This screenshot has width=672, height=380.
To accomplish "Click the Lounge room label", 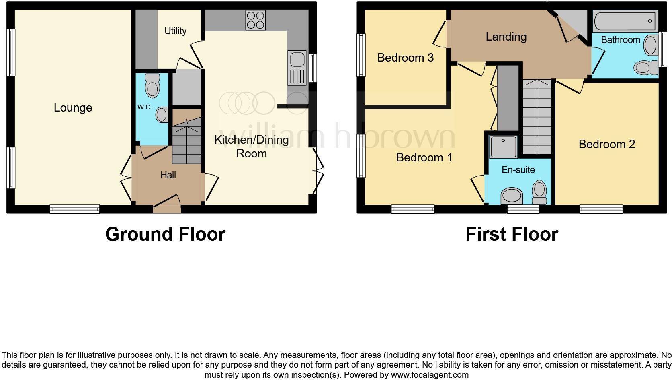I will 73,108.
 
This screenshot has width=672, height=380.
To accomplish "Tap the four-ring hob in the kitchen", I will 256,20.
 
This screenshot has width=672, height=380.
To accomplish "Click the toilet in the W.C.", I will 152,85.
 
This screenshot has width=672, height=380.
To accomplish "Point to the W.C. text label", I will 145,107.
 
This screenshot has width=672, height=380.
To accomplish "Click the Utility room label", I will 176,31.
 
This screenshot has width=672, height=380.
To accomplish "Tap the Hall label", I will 168,175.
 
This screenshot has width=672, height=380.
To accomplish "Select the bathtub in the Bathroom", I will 625,21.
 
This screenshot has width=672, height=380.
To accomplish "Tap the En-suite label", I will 518,170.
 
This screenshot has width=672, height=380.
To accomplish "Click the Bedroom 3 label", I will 405,58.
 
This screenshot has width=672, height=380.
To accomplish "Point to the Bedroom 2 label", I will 606,144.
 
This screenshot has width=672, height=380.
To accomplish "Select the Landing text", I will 506,37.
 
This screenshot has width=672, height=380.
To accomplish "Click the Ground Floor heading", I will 165,234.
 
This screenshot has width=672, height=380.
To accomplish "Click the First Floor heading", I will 512,234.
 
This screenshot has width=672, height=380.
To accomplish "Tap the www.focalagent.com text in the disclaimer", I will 429,375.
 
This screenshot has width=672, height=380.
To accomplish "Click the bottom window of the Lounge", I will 75,209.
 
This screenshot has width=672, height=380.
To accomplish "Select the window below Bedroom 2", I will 601,209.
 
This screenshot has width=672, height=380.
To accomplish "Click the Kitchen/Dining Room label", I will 252,147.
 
